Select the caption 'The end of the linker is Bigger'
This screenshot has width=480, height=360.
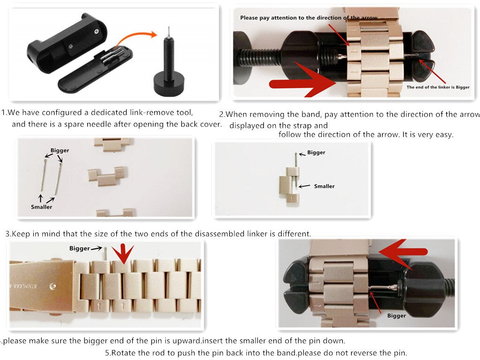point(438,87)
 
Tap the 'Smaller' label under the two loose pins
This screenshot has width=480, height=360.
point(41,207)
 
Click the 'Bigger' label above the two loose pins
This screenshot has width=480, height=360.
point(60,150)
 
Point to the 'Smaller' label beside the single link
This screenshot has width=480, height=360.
point(324,186)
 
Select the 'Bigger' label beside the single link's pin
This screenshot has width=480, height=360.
point(316,152)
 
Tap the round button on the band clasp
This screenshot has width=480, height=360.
point(53,286)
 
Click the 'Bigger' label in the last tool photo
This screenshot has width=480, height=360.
point(397,315)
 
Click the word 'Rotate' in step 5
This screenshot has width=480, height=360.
point(122,353)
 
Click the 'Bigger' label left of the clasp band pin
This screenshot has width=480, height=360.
point(80,248)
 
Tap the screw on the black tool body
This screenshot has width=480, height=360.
point(97,31)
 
